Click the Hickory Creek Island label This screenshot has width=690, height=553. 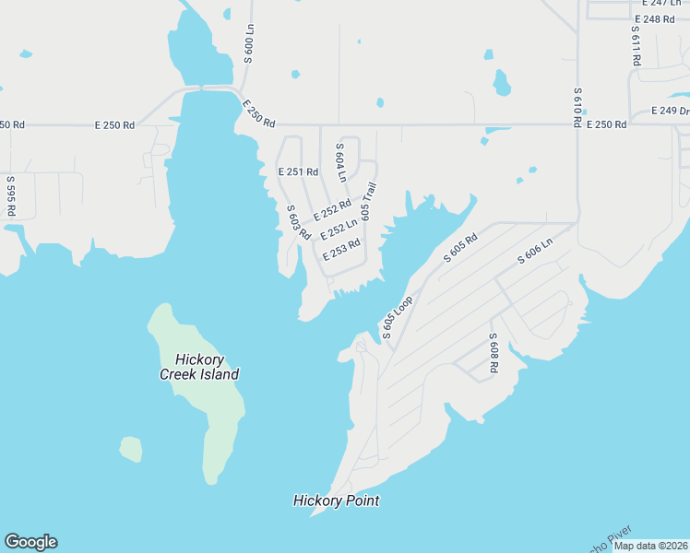click(x=199, y=367)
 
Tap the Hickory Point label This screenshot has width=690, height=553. click(x=336, y=500)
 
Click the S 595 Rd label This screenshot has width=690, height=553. click(x=11, y=196)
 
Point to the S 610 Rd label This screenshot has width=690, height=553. click(x=577, y=107)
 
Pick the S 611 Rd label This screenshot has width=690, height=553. click(x=636, y=44)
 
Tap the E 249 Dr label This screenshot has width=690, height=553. click(x=670, y=111)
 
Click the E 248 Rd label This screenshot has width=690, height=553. click(x=655, y=19)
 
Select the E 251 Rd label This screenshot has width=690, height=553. click(x=298, y=171)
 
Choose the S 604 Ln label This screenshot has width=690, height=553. click(x=340, y=162)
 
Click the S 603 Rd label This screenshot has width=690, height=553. click(x=298, y=223)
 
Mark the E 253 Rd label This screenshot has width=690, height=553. click(x=340, y=250)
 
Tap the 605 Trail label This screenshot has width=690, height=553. click(x=369, y=200)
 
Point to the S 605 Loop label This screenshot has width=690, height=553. click(x=397, y=318)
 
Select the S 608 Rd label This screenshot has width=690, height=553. click(x=494, y=353)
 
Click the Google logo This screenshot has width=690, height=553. click(x=30, y=542)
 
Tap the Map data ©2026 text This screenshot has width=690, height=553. click(x=651, y=546)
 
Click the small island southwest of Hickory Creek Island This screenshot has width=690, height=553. click(x=131, y=449)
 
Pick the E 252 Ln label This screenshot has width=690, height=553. click(x=339, y=229)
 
